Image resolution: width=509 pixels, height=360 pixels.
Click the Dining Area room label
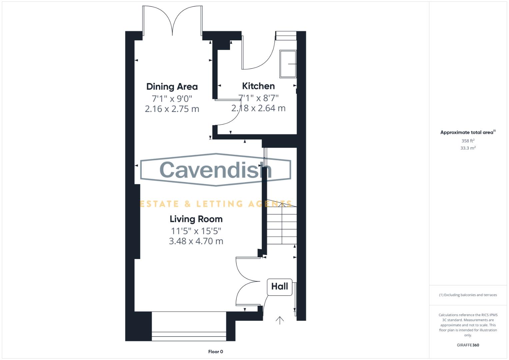(x=172, y=87)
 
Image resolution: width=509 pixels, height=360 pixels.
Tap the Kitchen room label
(x=258, y=86)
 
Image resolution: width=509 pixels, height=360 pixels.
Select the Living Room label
(x=196, y=219)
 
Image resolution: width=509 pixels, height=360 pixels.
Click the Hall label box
(x=279, y=287)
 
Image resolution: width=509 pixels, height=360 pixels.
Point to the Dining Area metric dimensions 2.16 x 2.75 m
(x=172, y=109)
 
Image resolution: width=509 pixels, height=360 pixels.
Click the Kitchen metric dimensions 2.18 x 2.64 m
(x=258, y=108)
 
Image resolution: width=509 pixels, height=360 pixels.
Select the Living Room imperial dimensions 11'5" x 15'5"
(x=196, y=231)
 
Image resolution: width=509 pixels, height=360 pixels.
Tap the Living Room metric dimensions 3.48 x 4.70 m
(x=196, y=241)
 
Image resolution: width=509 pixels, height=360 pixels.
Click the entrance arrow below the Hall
(x=280, y=320)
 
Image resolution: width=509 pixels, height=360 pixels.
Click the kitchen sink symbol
(x=288, y=64)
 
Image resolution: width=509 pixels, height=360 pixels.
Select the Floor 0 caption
(x=216, y=352)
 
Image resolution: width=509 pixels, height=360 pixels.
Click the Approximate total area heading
(x=468, y=132)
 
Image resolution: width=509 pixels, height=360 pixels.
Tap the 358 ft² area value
(x=468, y=141)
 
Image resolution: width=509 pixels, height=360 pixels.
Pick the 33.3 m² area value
(x=468, y=148)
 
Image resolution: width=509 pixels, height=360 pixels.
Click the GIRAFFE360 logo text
(x=468, y=345)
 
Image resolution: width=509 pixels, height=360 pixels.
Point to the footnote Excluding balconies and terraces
(x=468, y=295)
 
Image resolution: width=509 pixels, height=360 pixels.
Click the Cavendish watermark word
(x=216, y=170)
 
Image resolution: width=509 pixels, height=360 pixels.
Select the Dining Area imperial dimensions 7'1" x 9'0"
(x=172, y=99)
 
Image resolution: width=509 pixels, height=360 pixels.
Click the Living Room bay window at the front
(x=189, y=326)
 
